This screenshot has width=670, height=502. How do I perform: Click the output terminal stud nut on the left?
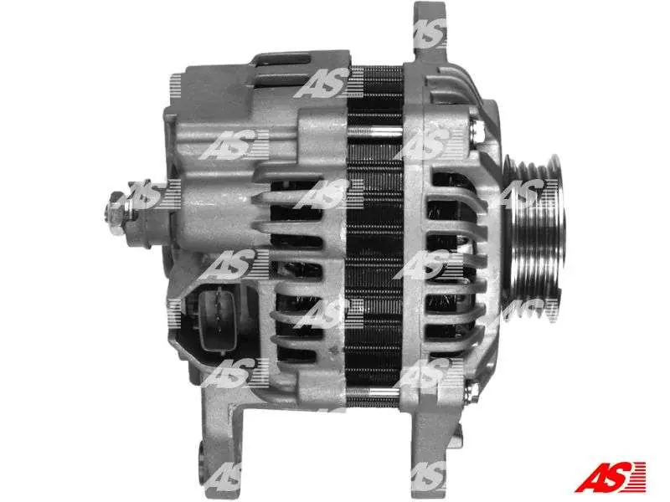pyautogui.click(x=116, y=213)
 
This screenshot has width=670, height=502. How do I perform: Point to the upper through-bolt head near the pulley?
pyautogui.click(x=477, y=129)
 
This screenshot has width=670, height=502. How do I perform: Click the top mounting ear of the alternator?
pyautogui.click(x=429, y=32)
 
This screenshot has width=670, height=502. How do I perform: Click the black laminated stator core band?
pyautogui.click(x=374, y=239)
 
